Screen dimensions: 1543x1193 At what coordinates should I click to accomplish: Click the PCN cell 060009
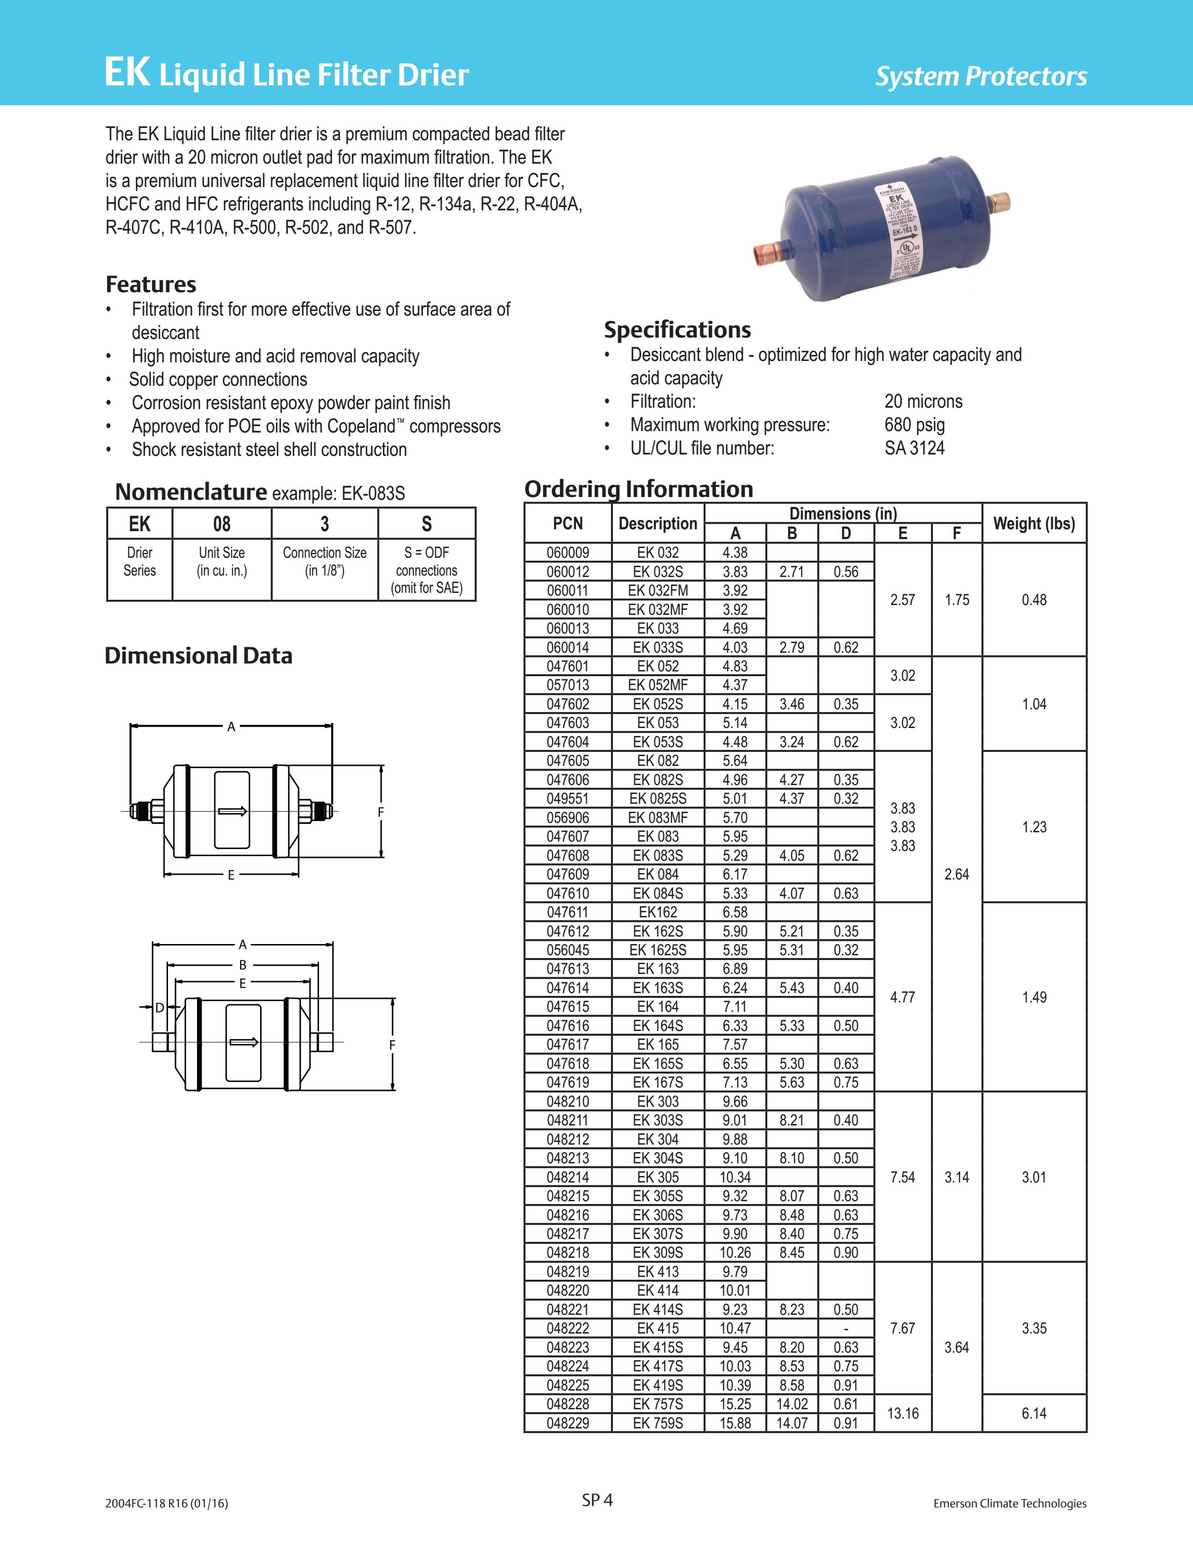point(567,553)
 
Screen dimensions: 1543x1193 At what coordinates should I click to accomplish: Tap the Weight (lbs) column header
point(1033,524)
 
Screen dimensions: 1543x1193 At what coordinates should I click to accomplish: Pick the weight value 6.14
point(1033,1413)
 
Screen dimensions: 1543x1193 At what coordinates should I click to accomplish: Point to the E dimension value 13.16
point(902,1413)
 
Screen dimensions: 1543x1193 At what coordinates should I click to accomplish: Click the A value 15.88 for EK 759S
point(735,1423)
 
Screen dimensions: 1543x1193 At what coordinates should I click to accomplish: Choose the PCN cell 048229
point(567,1423)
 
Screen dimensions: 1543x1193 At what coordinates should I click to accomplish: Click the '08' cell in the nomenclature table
point(222,524)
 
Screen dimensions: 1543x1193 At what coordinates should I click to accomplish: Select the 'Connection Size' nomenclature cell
point(324,562)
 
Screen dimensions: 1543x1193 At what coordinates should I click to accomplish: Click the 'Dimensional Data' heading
point(198,656)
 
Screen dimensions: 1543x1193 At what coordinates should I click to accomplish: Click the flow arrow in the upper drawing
point(232,810)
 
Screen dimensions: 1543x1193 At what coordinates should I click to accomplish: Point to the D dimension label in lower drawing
point(160,1008)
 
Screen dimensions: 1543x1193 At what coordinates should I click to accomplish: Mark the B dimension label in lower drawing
point(242,964)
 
